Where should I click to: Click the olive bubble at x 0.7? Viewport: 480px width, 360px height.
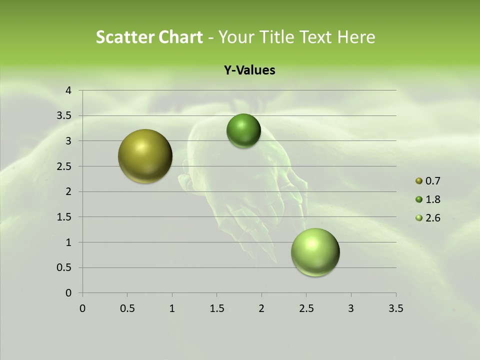coord(145,156)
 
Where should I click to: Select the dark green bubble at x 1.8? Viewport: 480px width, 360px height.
coord(243,131)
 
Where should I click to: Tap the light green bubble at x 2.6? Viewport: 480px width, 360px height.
coord(315,252)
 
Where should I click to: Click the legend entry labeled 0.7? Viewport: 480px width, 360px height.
coord(432,181)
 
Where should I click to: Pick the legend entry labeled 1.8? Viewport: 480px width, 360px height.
coord(432,199)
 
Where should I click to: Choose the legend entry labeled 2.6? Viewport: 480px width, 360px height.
coord(432,218)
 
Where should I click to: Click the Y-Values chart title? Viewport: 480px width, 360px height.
coord(249,70)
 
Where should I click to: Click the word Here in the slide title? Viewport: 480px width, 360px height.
coord(356,37)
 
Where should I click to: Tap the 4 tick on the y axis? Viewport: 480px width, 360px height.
coord(69,90)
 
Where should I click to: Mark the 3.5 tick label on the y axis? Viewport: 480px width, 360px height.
coord(65,116)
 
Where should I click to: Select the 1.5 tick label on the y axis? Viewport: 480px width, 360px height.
coord(65,217)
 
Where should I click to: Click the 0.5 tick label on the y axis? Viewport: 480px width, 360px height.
coord(65,267)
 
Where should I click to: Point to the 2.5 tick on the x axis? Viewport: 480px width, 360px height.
coord(306,308)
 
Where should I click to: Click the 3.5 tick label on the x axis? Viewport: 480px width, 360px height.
coord(395,308)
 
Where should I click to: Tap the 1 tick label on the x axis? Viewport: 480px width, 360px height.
coord(172,308)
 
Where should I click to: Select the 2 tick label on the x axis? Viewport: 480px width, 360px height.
coord(261,308)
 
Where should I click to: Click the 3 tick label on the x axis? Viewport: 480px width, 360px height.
coord(351,308)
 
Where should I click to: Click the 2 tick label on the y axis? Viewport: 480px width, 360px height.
coord(69,191)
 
